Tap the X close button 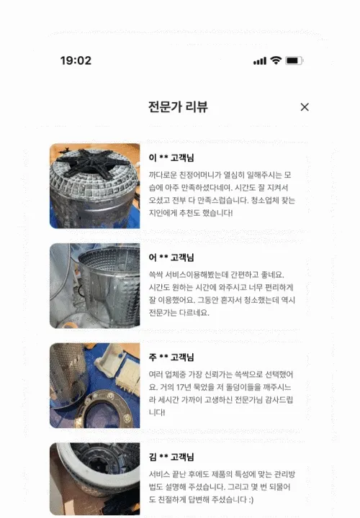(305, 107)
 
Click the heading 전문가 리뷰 (178, 106)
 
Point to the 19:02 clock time (76, 60)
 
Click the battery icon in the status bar (294, 60)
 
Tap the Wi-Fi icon (276, 60)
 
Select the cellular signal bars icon (260, 60)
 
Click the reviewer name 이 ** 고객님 (171, 158)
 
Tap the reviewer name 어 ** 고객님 (171, 258)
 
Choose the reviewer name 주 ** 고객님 (171, 357)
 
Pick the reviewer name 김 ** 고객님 (171, 457)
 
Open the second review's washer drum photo (95, 286)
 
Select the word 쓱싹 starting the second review (156, 275)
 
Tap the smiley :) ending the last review (251, 499)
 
